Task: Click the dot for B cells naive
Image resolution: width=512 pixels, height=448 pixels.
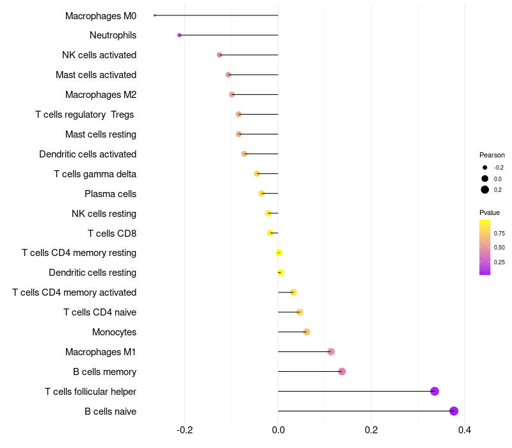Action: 454,411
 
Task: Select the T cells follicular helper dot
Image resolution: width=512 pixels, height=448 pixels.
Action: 435,391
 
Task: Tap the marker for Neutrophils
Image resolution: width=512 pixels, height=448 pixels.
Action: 179,35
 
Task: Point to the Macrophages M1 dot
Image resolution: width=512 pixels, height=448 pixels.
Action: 331,351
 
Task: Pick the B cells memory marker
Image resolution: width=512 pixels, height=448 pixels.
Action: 342,371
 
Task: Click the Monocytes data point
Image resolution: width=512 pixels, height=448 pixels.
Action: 307,332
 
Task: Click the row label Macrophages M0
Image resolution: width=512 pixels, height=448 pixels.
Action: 100,15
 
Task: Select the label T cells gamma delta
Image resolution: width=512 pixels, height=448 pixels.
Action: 95,174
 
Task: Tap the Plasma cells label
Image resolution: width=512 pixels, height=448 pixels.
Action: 110,194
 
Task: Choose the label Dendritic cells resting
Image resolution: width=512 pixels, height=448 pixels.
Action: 92,273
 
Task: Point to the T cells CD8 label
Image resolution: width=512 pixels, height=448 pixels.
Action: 111,233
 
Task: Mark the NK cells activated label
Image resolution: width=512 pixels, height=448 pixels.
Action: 99,55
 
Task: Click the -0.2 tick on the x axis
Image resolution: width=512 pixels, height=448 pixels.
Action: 184,429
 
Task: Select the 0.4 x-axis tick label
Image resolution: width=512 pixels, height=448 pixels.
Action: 465,429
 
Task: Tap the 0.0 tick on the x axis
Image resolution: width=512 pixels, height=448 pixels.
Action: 278,429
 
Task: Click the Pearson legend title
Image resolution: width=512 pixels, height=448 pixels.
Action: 492,155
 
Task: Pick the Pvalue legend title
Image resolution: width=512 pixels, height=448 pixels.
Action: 490,212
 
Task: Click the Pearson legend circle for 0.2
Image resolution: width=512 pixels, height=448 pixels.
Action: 485,189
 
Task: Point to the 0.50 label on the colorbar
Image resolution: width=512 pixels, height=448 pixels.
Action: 499,248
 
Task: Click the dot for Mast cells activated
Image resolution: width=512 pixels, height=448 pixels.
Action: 228,75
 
